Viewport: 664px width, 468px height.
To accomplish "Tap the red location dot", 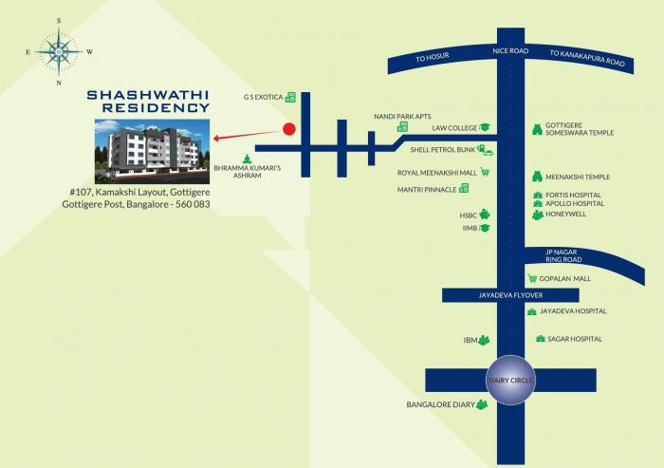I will (290, 130).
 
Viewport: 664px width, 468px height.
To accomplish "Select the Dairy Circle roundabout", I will (511, 380).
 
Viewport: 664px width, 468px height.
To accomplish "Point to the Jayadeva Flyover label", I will (510, 295).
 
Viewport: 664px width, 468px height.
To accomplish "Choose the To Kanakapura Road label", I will (588, 58).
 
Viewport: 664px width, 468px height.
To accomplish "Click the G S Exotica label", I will (263, 98).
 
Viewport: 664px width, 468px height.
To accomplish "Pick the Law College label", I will (453, 127).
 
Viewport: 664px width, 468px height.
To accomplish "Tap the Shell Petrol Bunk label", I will (442, 150).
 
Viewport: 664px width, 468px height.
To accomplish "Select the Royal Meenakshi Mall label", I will (437, 173).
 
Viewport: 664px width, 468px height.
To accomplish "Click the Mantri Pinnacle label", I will (429, 190).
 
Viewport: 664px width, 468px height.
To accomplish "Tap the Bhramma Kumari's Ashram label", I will (235, 171).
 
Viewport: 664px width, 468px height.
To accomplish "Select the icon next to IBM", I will (484, 340).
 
